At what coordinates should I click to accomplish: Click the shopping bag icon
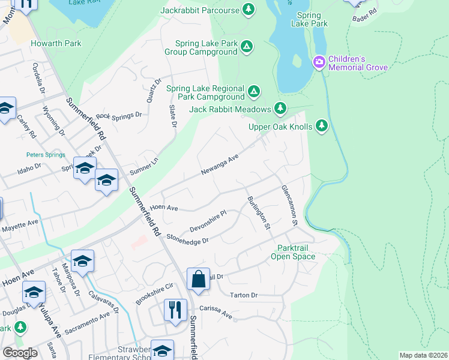[198, 279]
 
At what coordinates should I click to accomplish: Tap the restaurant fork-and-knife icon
[175, 310]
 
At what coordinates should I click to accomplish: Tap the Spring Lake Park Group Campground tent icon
[247, 47]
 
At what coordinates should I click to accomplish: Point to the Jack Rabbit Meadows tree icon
[280, 109]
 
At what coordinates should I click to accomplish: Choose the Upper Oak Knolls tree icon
[322, 125]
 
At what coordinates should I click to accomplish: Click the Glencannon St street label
[289, 205]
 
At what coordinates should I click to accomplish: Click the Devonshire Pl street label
[207, 221]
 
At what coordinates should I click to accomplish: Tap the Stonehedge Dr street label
[187, 239]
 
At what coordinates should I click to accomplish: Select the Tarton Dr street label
[243, 295]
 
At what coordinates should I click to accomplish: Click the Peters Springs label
[45, 155]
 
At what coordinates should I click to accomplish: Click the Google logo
[20, 353]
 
